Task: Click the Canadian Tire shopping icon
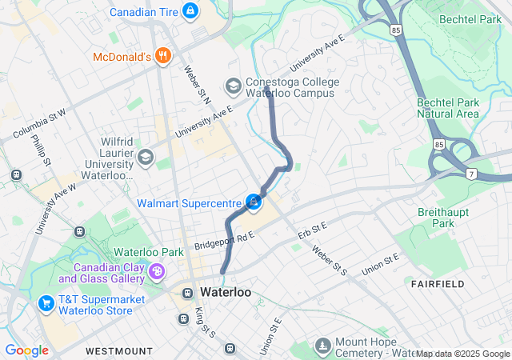coord(190,11)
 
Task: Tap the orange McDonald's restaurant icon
coord(163,55)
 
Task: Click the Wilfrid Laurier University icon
coord(145,156)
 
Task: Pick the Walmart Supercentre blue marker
coord(253,202)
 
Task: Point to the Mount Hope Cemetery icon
coord(322,346)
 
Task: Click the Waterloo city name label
coord(225,292)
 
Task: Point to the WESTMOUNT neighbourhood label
coord(118,350)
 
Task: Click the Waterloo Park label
coord(150,251)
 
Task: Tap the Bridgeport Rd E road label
coord(223,238)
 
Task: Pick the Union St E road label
coord(379,264)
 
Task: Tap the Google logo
coord(26,350)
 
